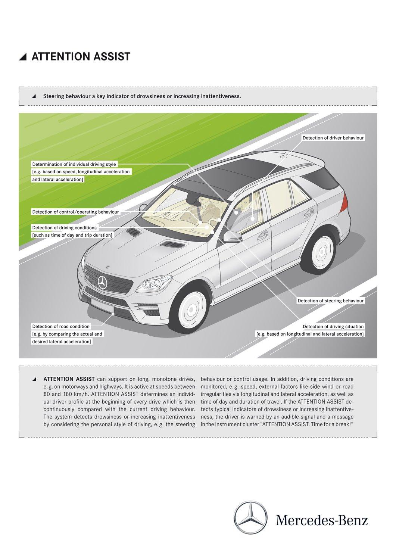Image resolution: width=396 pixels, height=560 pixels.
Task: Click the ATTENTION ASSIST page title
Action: [x=81, y=56]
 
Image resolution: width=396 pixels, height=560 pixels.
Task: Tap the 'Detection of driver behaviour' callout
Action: [x=333, y=138]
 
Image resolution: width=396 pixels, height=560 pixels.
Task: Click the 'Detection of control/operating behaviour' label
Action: [x=75, y=212]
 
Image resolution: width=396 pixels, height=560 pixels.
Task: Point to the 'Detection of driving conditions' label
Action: [x=64, y=227]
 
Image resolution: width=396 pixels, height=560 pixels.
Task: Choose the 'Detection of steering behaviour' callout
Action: [x=330, y=301]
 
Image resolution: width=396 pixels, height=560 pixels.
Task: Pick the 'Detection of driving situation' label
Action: [x=333, y=326]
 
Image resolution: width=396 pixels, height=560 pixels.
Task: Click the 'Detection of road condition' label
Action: [x=61, y=326]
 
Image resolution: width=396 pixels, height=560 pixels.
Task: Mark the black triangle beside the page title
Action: [x=24, y=57]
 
